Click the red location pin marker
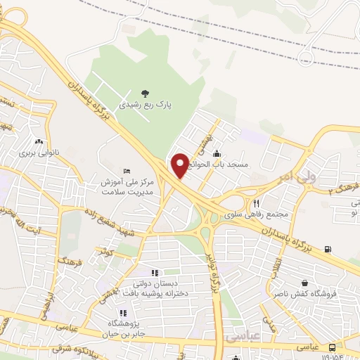tap(180, 165)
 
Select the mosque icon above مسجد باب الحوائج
tap(216, 153)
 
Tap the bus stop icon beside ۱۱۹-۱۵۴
tap(332, 347)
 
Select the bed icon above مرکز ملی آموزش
tap(127, 171)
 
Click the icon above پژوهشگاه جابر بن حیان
tap(122, 312)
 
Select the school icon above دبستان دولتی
tap(155, 273)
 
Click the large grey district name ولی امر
tap(294, 174)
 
